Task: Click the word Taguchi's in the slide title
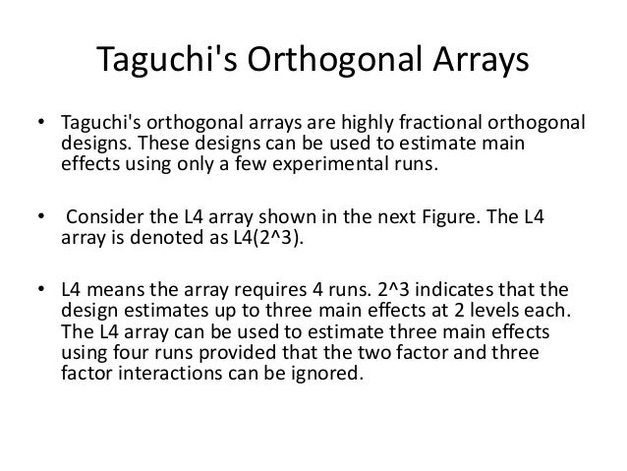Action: tap(173, 66)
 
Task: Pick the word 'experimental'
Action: tap(329, 166)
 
